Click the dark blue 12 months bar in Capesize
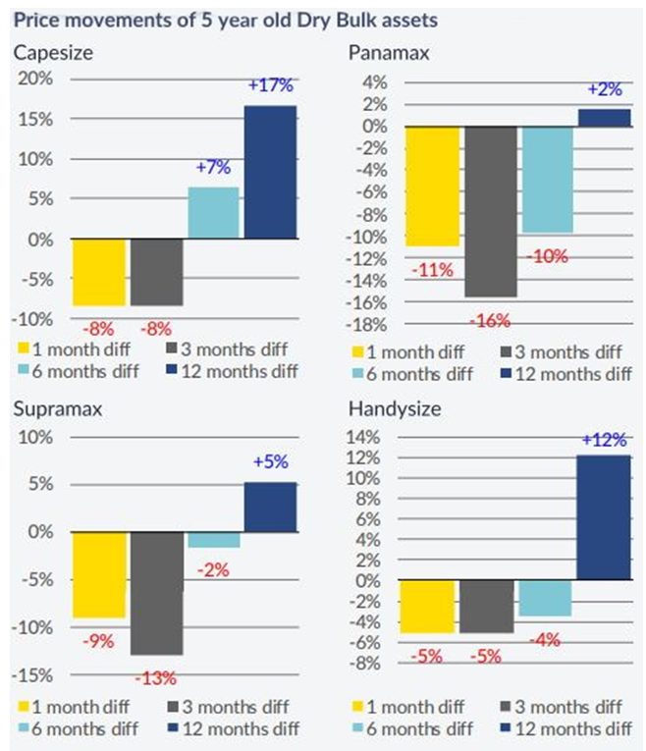pos(270,172)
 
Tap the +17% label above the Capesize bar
pos(270,86)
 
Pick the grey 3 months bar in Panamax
pos(491,211)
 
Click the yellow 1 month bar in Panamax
pos(433,186)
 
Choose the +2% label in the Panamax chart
pos(605,90)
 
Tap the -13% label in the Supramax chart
pos(156,677)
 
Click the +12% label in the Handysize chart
pos(603,441)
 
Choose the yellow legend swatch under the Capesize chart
pos(27,349)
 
